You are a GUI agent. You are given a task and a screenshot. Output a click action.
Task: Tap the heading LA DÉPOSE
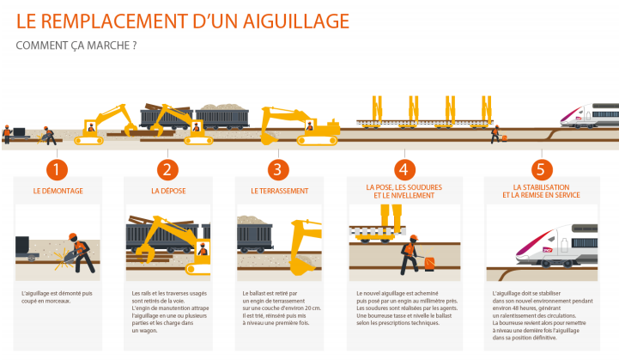click(167, 191)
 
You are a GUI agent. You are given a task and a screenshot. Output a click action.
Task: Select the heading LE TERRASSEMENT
click(277, 191)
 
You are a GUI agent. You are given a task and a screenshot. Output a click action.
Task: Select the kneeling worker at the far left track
click(49, 135)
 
